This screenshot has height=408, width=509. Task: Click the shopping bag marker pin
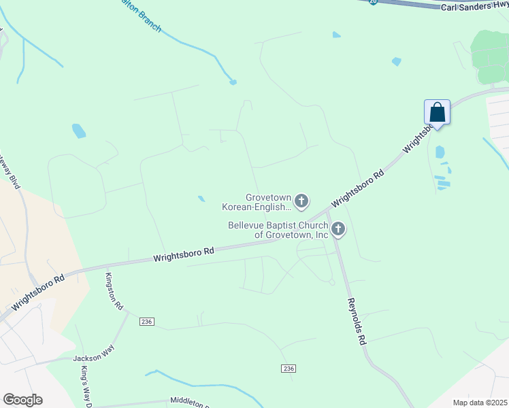437,113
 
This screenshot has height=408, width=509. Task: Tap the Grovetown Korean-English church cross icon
301,201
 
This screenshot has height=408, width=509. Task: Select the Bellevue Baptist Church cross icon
338,230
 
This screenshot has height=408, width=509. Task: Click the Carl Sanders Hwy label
474,6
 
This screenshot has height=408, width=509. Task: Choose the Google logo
22,400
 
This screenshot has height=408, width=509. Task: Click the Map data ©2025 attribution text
480,403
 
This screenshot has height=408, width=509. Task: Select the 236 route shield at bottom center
288,368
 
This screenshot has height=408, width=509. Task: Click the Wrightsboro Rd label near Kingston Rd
184,254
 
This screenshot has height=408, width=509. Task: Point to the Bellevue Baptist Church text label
278,230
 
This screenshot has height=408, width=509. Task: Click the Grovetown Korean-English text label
257,201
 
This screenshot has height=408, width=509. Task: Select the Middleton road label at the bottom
190,403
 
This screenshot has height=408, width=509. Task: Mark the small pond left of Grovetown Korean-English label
201,199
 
